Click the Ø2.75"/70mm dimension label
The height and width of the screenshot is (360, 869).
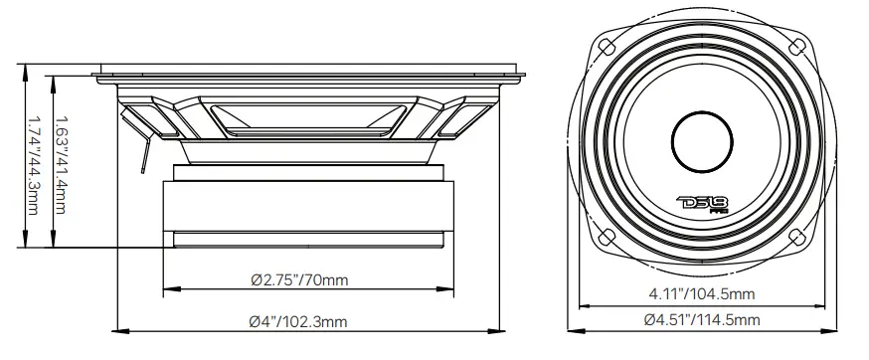[x=299, y=280]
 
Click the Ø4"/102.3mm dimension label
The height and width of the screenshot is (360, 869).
[x=300, y=320]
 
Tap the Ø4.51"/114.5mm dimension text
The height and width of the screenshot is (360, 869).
[x=702, y=319]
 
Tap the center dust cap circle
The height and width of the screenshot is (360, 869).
[x=706, y=141]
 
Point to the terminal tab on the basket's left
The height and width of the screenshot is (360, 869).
[x=140, y=124]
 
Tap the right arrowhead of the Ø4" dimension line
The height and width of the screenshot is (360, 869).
[x=500, y=330]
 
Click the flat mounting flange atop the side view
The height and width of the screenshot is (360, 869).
[x=308, y=72]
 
